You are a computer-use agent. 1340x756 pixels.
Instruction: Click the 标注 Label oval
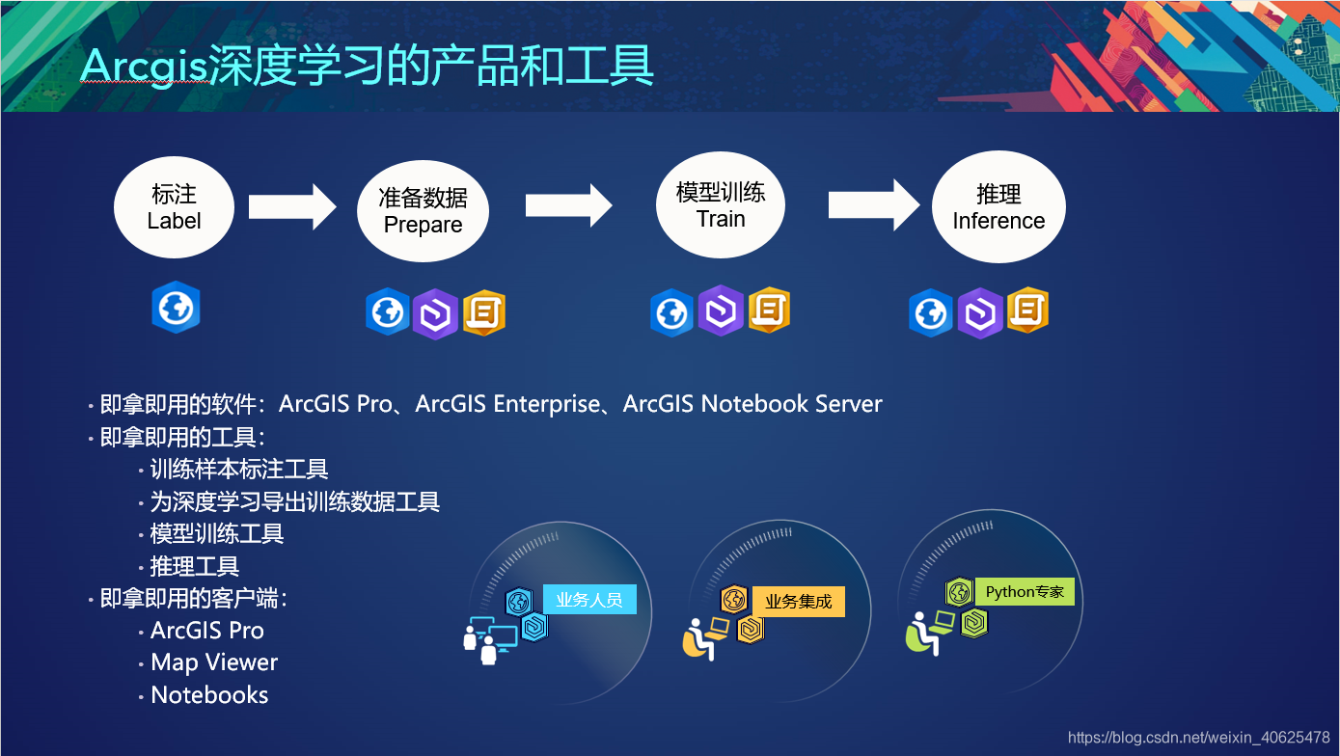coord(174,207)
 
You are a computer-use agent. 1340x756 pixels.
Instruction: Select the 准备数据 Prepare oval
coord(423,211)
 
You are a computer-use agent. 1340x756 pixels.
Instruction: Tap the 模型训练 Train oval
coord(721,205)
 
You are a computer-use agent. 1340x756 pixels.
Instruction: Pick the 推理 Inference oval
coord(998,207)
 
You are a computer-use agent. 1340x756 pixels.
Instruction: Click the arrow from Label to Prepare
coord(292,207)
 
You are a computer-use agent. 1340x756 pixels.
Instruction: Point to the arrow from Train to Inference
coord(873,204)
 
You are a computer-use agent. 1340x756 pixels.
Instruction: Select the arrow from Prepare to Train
coord(569,205)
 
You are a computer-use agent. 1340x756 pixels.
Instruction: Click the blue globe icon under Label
coord(176,309)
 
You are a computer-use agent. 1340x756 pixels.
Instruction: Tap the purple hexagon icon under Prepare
coord(435,313)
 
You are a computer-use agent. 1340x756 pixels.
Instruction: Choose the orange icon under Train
coord(769,310)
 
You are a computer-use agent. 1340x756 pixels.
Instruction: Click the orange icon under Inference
coord(1027,310)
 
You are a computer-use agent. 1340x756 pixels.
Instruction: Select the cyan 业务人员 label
coord(589,600)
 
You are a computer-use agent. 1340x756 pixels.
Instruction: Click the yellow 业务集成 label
coord(798,602)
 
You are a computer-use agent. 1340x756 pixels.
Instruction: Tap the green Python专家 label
coord(1025,591)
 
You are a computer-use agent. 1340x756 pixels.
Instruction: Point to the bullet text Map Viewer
coord(214,662)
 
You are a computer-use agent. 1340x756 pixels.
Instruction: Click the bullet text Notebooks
coord(209,695)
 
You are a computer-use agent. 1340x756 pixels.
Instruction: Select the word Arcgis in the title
coord(144,66)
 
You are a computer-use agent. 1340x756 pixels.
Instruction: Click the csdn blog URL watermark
coord(1198,738)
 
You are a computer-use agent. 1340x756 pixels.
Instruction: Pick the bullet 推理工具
coord(194,566)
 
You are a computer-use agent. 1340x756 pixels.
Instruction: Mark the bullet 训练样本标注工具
coord(239,470)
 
